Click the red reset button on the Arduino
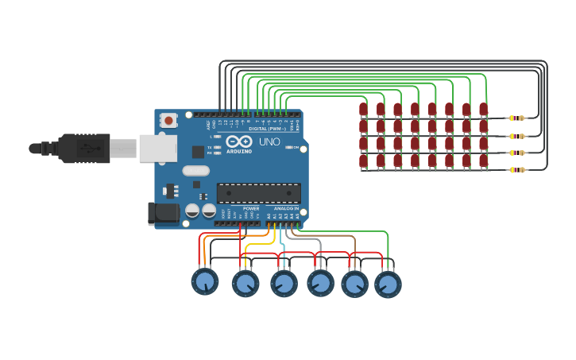[x=168, y=120]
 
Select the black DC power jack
[x=163, y=212]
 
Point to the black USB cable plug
[x=83, y=148]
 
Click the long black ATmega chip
[x=259, y=193]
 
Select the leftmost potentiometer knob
[x=204, y=281]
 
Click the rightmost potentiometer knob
[x=388, y=284]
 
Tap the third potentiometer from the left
[x=284, y=283]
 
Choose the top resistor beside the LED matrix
[x=516, y=118]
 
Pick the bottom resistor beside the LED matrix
[x=516, y=169]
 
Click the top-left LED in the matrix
[x=363, y=109]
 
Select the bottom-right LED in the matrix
[x=483, y=161]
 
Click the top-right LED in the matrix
[x=483, y=109]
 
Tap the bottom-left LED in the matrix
[x=363, y=161]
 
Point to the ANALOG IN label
[x=286, y=208]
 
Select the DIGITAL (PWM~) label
[x=265, y=128]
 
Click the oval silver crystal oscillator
[x=195, y=170]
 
